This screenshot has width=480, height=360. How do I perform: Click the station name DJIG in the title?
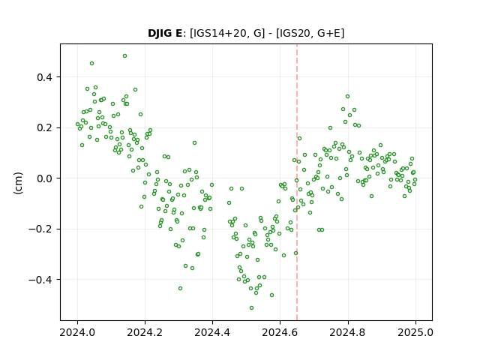(x=160, y=33)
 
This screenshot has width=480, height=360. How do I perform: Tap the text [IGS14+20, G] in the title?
(x=227, y=33)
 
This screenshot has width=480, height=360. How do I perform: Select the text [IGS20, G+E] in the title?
(x=310, y=33)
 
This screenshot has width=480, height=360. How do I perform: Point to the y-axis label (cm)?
(x=18, y=183)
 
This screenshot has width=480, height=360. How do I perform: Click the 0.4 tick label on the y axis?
(x=44, y=77)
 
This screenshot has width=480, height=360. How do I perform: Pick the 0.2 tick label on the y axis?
(x=44, y=127)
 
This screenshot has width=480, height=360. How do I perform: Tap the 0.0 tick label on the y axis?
(x=44, y=178)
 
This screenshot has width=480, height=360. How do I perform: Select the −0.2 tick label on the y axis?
(x=40, y=229)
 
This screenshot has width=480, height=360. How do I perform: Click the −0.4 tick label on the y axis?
(x=40, y=280)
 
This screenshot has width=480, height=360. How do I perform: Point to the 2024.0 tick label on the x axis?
(x=77, y=332)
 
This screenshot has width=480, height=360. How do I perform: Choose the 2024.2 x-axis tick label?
(x=145, y=332)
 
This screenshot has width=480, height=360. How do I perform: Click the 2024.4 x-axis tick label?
(x=212, y=332)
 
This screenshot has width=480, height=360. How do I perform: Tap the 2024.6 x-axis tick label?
(x=280, y=332)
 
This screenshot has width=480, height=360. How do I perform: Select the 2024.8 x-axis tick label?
(x=348, y=332)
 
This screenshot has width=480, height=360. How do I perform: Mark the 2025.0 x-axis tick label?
(x=415, y=332)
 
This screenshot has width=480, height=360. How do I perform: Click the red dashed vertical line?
(x=297, y=182)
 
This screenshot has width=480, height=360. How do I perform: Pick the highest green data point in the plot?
(x=124, y=56)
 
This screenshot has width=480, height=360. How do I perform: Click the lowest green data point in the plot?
(x=252, y=308)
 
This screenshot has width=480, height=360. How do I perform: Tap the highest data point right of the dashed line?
(x=347, y=97)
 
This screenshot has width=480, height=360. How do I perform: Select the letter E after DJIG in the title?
(x=178, y=33)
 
